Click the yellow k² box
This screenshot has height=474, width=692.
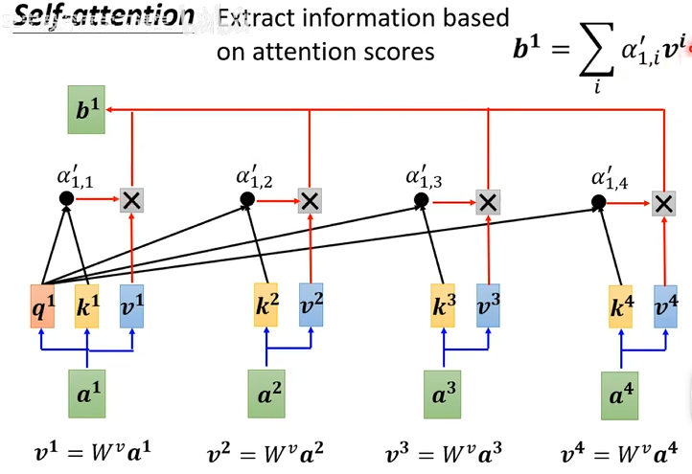266,305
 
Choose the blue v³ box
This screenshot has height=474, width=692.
489,305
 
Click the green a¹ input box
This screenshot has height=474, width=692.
86,392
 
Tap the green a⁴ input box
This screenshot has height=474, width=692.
620,395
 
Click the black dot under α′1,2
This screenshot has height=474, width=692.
246,199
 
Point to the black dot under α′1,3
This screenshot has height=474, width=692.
421,200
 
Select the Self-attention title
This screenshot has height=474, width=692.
104,17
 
